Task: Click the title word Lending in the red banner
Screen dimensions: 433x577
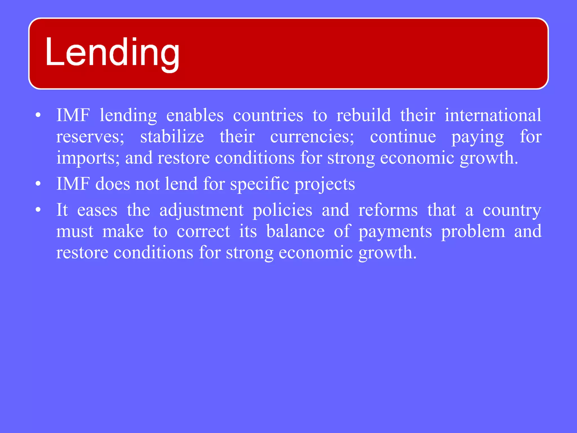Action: point(112,54)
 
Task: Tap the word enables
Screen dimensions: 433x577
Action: point(195,116)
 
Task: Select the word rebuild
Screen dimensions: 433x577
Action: point(363,116)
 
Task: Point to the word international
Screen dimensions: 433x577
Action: point(493,116)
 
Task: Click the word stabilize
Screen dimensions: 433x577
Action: point(172,137)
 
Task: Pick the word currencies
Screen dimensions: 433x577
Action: point(312,137)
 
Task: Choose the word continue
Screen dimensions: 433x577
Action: point(403,137)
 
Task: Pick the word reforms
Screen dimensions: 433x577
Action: point(388,210)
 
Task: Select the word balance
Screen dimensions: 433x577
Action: point(295,231)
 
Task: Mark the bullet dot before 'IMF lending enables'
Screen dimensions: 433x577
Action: point(38,116)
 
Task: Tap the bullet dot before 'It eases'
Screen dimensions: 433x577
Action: point(38,210)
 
